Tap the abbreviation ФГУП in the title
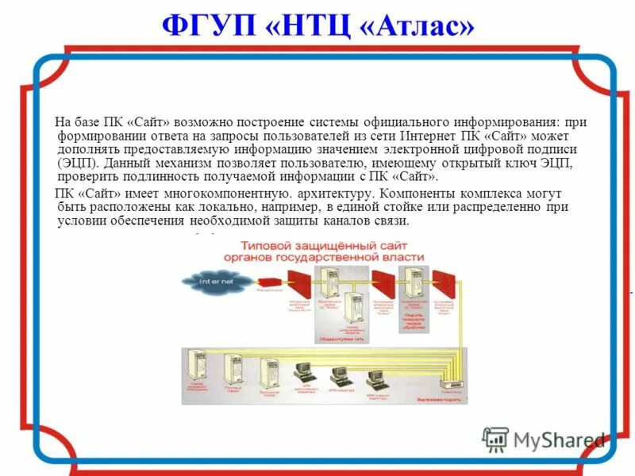tap(210, 27)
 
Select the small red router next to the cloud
tap(269, 282)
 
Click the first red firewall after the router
tap(299, 282)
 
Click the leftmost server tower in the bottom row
tap(195, 367)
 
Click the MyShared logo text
tap(559, 440)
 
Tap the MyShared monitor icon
tap(495, 439)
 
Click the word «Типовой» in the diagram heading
tap(269, 244)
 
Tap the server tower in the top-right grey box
tap(413, 281)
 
